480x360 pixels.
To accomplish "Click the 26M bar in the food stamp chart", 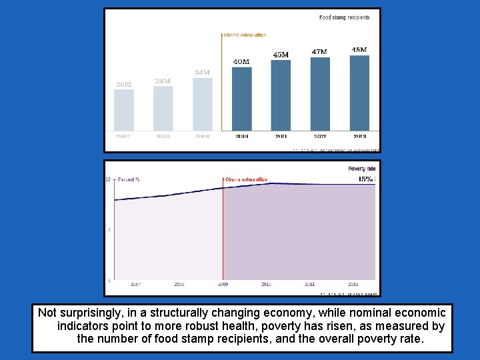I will (x=124, y=109).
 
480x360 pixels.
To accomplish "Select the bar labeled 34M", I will (x=203, y=104).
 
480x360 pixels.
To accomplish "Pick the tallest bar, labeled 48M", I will (x=359, y=93).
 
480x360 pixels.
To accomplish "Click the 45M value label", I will (x=281, y=55).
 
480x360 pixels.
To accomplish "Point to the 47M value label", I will (x=319, y=51).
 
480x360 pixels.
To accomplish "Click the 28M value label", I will (x=163, y=81).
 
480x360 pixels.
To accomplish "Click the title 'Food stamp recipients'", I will (x=344, y=17).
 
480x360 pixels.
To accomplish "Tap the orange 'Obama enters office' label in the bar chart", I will (x=245, y=35).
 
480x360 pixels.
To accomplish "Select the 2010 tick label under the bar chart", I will (x=241, y=136).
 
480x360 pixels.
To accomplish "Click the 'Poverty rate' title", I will (x=361, y=169).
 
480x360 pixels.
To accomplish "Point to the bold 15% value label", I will (x=366, y=179).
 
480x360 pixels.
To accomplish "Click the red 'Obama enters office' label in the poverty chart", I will (x=246, y=179).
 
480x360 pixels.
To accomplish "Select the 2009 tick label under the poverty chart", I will (x=223, y=284).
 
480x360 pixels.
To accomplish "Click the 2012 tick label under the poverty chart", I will (x=354, y=284).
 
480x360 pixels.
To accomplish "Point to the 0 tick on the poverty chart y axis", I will (x=109, y=280).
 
